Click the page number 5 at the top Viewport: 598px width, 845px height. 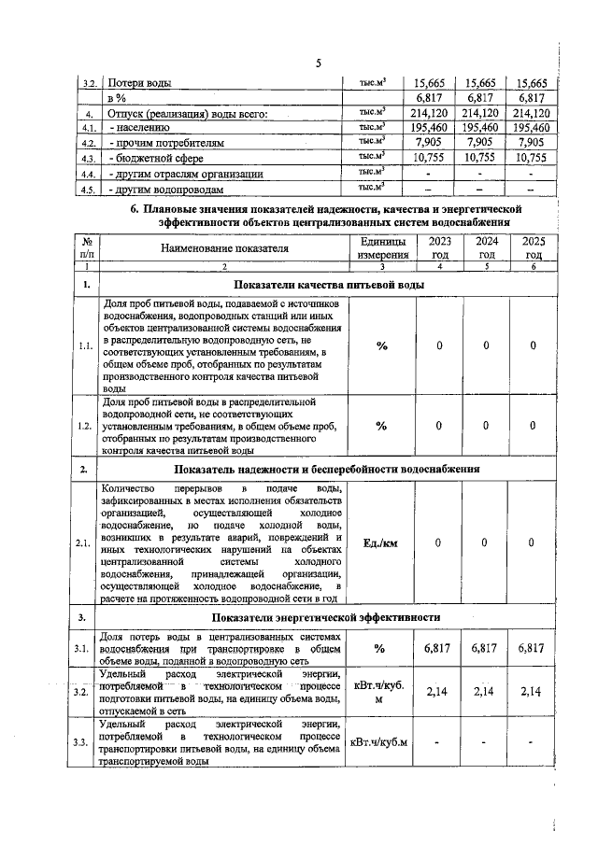318,63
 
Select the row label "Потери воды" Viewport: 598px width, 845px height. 140,83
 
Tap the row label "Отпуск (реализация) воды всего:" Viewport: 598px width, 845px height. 188,114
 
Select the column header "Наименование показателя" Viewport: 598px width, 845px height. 223,248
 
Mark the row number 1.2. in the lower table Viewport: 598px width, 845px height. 86,427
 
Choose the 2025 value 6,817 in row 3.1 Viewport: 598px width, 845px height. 533,647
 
